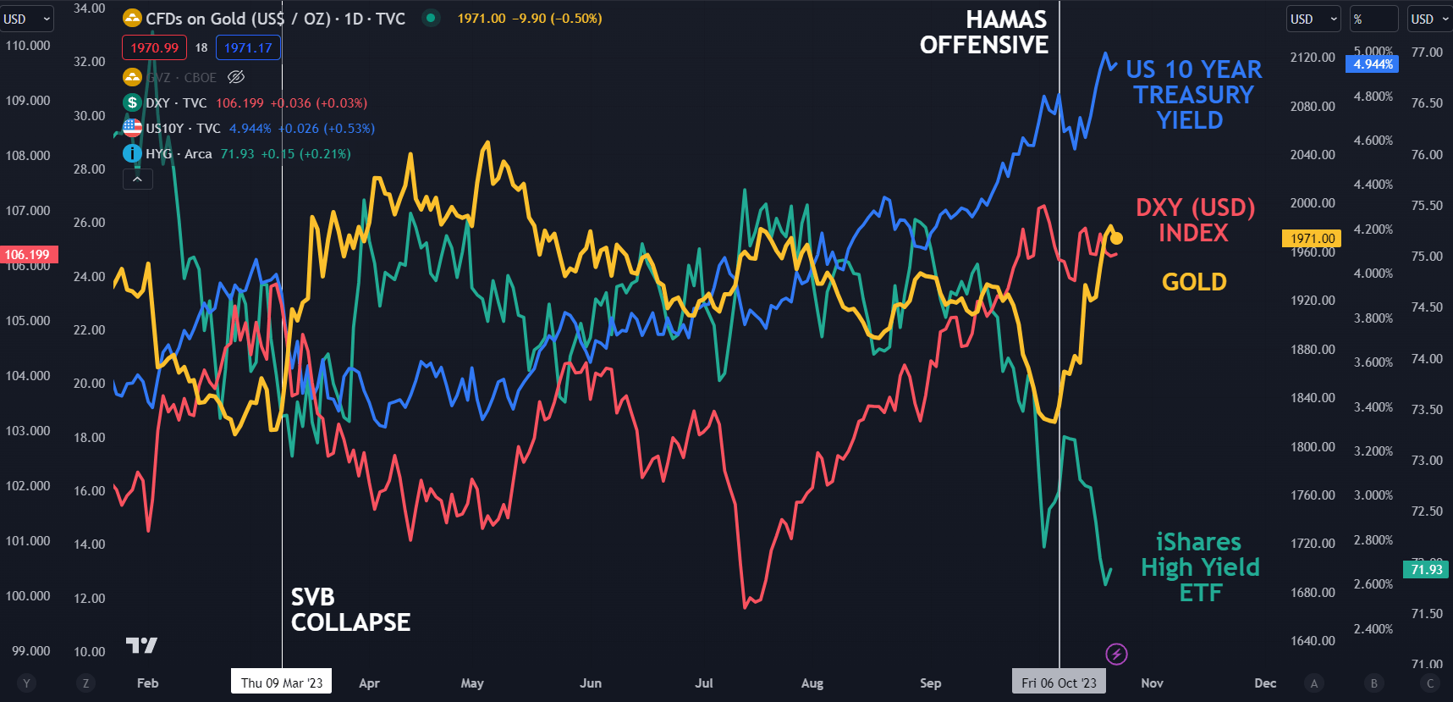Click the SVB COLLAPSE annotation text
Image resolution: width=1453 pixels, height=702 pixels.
[350, 610]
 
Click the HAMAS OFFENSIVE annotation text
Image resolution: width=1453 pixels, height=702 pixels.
[984, 32]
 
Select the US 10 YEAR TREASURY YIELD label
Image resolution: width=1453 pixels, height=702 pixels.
[1192, 94]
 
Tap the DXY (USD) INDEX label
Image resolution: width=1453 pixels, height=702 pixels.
[1194, 220]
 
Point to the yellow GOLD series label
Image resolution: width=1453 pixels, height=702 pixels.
[1194, 282]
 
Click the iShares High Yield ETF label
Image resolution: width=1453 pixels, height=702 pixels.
[1200, 567]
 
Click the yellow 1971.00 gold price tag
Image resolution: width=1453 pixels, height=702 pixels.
[1313, 239]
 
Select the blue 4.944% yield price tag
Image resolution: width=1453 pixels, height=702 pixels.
[1373, 64]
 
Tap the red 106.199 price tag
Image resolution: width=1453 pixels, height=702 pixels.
[28, 254]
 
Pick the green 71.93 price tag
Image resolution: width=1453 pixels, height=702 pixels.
[1427, 569]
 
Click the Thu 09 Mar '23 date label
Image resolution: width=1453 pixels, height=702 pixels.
[281, 683]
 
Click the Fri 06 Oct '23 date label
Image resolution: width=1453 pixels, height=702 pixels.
[1059, 683]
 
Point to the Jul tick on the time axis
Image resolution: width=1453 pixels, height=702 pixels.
[703, 683]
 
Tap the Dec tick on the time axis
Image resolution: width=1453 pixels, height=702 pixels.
[1265, 683]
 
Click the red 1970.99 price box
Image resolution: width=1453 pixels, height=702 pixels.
[154, 47]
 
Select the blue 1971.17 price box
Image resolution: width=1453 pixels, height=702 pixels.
[248, 47]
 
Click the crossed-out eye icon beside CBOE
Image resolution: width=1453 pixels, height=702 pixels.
[236, 77]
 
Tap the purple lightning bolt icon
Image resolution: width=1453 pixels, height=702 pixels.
[1116, 654]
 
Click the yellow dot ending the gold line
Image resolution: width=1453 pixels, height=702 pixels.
[1116, 238]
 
